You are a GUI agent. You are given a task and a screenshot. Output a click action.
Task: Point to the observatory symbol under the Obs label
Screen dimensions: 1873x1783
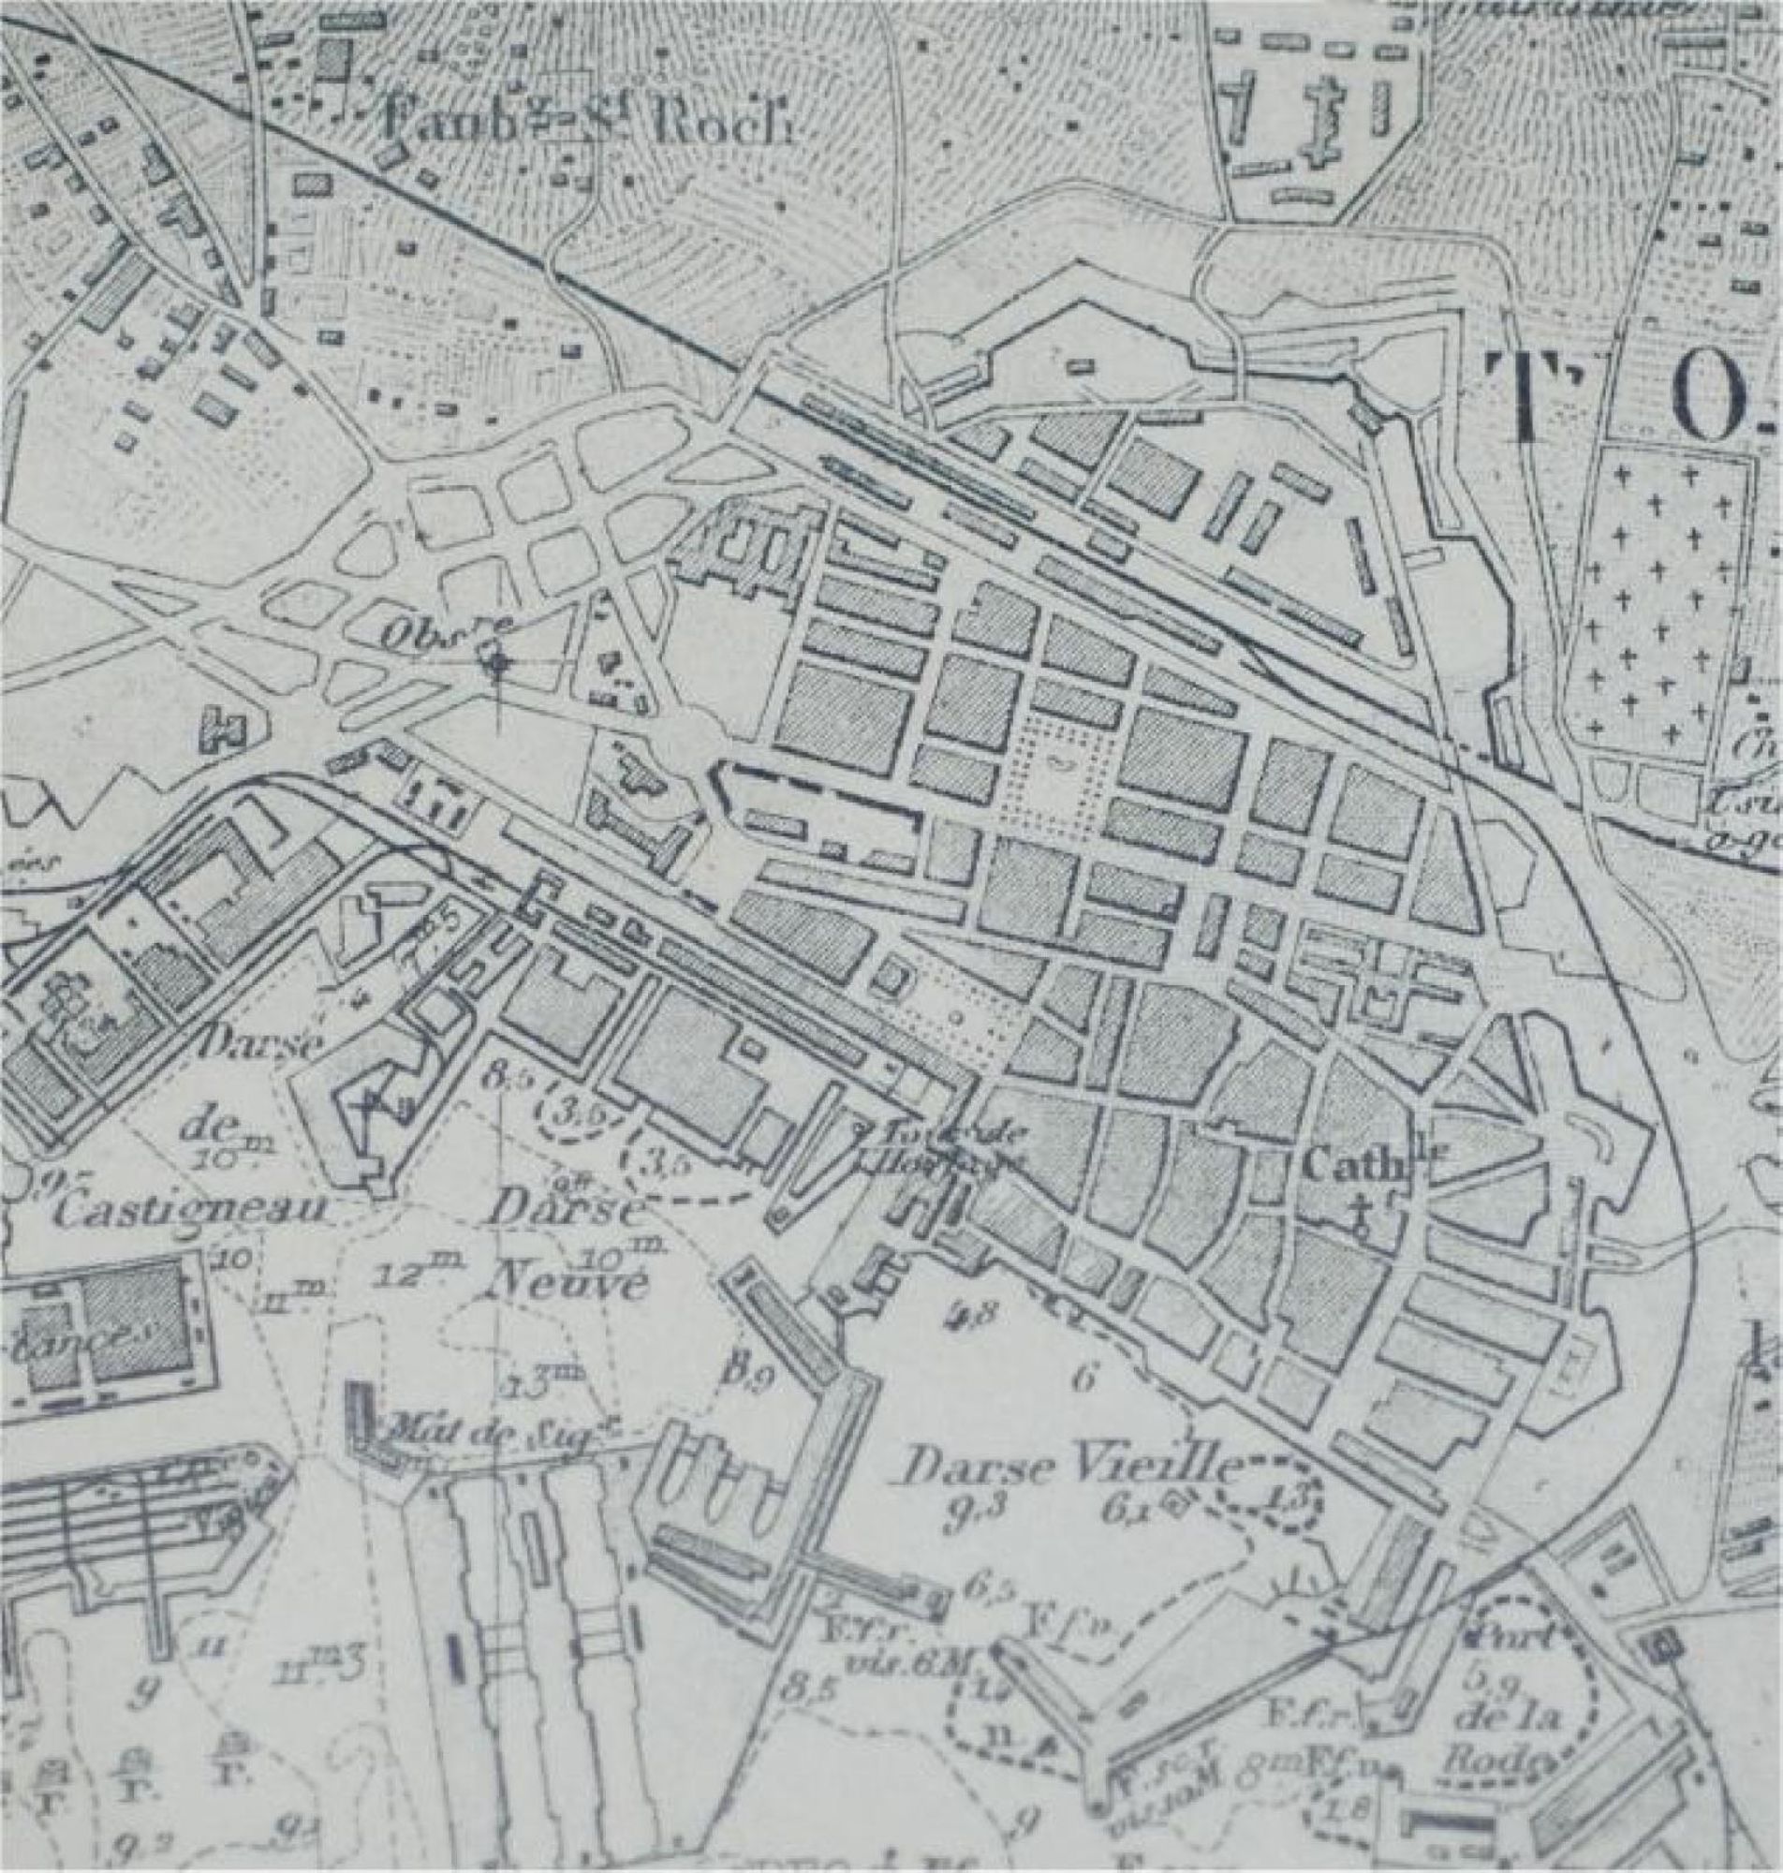click(495, 662)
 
